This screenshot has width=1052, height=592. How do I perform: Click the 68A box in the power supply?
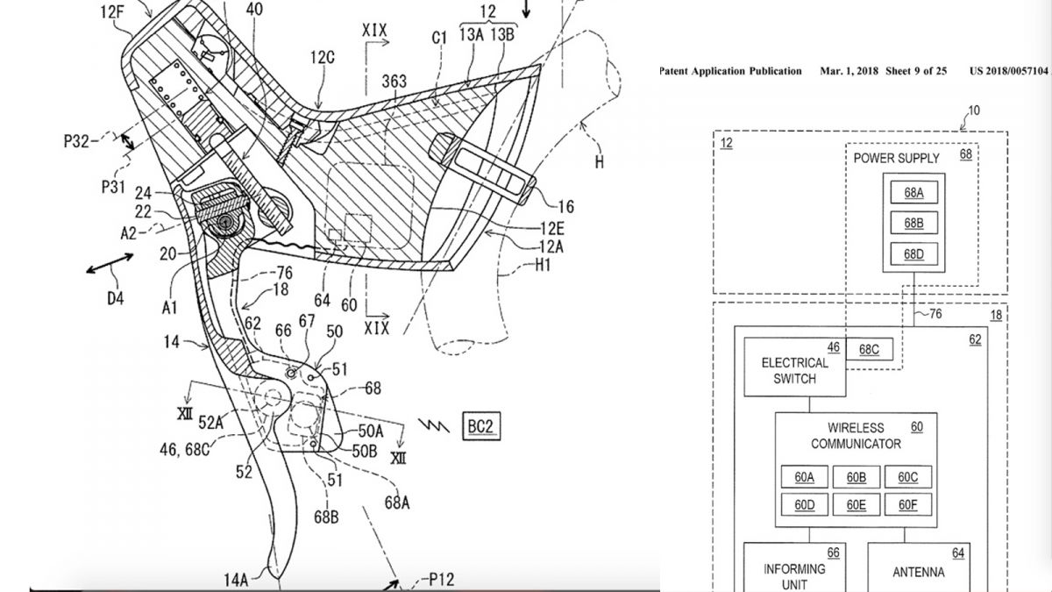(913, 192)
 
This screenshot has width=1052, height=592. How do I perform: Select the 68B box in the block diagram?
(913, 223)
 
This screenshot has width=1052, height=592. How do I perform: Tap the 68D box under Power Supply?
(913, 254)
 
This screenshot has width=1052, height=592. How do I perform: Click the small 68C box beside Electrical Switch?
(870, 350)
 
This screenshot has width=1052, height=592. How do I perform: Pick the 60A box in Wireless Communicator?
(805, 477)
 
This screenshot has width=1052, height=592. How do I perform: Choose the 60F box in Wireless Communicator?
(908, 504)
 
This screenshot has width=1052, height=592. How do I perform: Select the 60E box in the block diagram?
(857, 504)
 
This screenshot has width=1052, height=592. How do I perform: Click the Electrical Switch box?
(795, 367)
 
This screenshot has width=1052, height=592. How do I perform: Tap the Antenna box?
(919, 567)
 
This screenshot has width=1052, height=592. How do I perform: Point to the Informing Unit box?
(795, 567)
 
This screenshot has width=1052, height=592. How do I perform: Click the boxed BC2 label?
(481, 426)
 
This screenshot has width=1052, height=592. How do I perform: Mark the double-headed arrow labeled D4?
(110, 263)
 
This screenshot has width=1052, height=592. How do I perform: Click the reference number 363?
(394, 82)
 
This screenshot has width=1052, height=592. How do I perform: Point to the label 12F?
(112, 11)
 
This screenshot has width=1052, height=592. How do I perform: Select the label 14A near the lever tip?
(236, 580)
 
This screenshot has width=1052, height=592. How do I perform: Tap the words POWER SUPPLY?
(896, 159)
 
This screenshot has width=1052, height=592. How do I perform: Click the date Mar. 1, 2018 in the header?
(849, 71)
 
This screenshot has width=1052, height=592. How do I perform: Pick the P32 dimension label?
(76, 141)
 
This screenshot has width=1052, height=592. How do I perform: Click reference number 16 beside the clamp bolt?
(566, 206)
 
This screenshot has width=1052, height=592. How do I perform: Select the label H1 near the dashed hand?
(543, 266)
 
